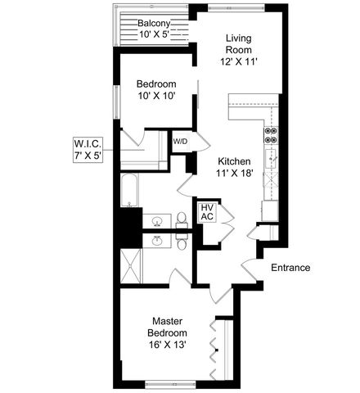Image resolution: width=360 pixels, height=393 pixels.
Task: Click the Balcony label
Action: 153,23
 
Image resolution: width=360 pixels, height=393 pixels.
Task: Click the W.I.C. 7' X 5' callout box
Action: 87,150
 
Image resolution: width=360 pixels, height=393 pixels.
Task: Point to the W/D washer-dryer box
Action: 180,142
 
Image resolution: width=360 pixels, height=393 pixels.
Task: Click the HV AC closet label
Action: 207,212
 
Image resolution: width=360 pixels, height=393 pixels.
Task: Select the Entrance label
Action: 290,268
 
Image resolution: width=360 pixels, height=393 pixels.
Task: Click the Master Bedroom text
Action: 167,327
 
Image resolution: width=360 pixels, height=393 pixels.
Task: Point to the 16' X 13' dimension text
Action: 167,345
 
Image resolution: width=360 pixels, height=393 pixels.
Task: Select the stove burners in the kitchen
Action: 272,136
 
